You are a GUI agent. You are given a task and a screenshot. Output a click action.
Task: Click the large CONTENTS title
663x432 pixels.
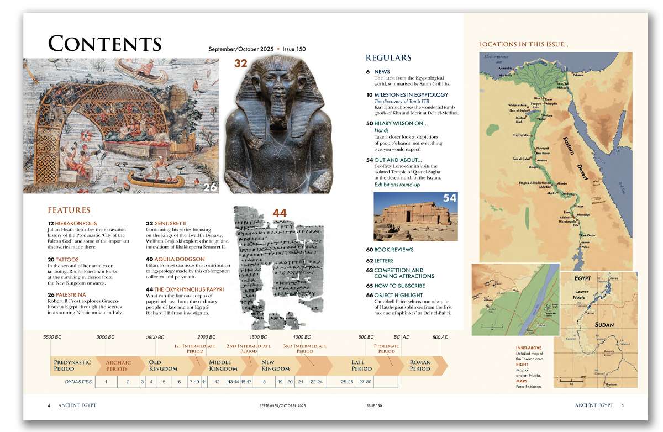pos(104,44)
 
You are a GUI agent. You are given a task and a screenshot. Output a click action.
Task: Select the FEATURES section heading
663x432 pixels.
pos(69,210)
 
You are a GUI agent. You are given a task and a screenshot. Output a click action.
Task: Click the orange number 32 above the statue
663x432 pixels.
pos(240,63)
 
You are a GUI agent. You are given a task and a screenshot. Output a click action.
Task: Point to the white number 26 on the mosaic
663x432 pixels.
pos(210,188)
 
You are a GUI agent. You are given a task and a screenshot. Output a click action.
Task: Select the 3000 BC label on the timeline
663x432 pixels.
pos(106,337)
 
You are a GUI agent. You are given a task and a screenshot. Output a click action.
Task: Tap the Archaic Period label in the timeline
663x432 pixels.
pos(119,366)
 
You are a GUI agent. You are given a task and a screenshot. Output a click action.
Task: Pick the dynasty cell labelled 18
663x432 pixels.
pos(263,382)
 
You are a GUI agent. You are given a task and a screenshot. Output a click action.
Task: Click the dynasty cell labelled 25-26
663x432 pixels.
pos(347,382)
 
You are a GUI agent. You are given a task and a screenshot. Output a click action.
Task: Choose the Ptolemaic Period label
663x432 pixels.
pos(387,349)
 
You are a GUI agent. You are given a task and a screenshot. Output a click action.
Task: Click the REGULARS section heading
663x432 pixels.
pos(388,58)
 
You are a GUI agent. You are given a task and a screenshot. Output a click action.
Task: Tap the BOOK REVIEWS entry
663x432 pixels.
pos(393,250)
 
